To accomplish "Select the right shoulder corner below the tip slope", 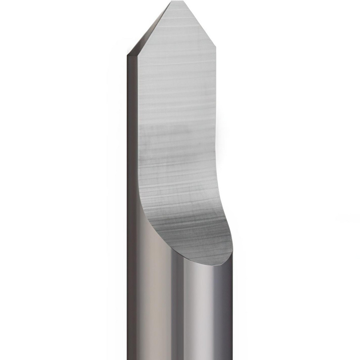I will [x=215, y=46].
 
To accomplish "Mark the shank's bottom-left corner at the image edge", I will [x=128, y=359].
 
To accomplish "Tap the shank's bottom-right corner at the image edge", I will [x=232, y=359].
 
